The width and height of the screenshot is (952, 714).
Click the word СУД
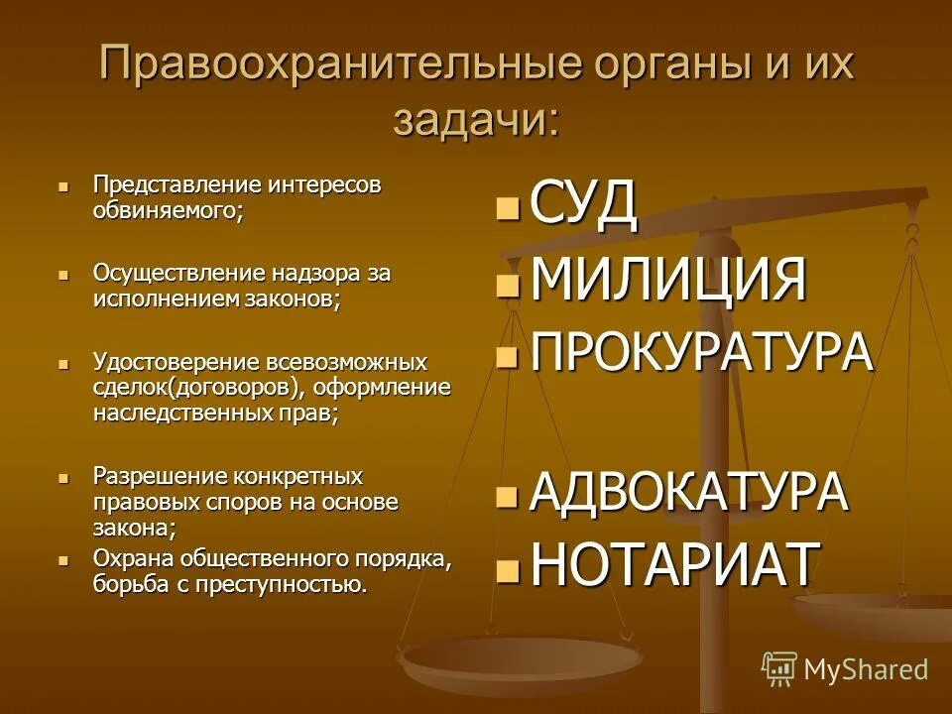583,204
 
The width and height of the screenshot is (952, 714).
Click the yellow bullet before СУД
507,207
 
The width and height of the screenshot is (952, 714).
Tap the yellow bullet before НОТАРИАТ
507,568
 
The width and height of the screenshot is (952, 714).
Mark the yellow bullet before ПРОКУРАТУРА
507,356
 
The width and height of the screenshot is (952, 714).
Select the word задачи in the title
475,121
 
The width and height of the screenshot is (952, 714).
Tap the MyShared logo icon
779,669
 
